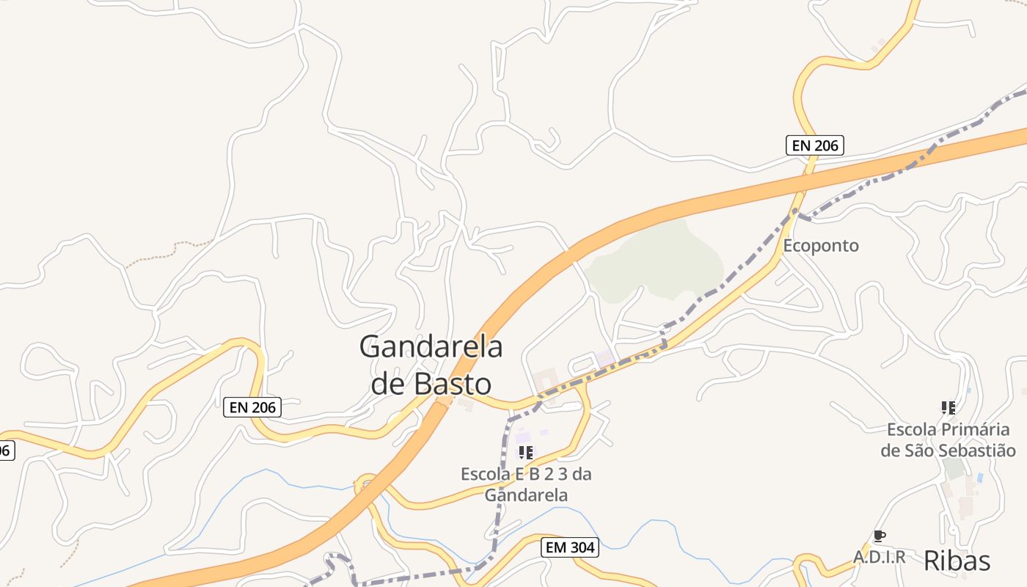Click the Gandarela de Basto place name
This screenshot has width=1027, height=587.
point(431,365)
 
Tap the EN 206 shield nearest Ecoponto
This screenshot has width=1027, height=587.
point(815,145)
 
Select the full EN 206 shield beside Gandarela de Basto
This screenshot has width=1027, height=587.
point(252,406)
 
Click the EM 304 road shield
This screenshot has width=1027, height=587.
point(570,547)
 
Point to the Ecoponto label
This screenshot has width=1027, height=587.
point(821,245)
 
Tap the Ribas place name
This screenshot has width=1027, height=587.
point(957,560)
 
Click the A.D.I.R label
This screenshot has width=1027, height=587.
point(879,557)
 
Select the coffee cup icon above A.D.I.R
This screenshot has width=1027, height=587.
point(879,536)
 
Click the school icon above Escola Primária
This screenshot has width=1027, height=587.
point(948,407)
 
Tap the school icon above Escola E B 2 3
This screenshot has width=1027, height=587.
point(525,453)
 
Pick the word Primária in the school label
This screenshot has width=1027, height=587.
point(968,429)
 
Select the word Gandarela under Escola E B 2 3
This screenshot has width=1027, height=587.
point(526,495)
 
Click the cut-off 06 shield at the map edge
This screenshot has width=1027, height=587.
point(5,450)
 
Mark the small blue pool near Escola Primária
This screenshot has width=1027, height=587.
point(980,478)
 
